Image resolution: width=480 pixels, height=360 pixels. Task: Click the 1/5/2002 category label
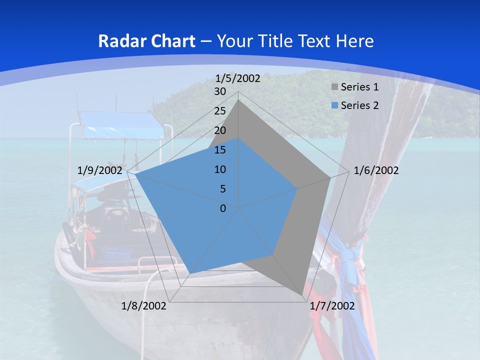click(238, 78)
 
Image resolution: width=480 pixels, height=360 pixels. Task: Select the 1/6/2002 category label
click(376, 170)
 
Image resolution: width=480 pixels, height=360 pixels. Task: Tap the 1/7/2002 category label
click(332, 306)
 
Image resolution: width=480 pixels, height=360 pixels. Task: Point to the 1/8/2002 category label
click(144, 306)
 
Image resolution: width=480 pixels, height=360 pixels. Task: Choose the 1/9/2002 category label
click(99, 170)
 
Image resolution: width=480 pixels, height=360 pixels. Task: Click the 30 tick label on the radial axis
click(220, 91)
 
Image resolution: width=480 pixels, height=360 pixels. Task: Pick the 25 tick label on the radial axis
click(220, 111)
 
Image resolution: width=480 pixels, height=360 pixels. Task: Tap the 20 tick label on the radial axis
click(220, 130)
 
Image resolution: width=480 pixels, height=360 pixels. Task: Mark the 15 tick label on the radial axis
click(220, 150)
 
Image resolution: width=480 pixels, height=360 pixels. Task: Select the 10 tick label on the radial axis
click(220, 169)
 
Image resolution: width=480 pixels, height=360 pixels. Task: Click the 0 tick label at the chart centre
click(223, 208)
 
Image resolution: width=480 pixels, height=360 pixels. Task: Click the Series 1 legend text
click(359, 87)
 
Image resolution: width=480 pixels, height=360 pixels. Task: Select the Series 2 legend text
click(359, 105)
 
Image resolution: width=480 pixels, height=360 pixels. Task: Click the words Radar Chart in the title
click(146, 41)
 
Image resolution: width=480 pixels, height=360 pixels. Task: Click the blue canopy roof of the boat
click(122, 125)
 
